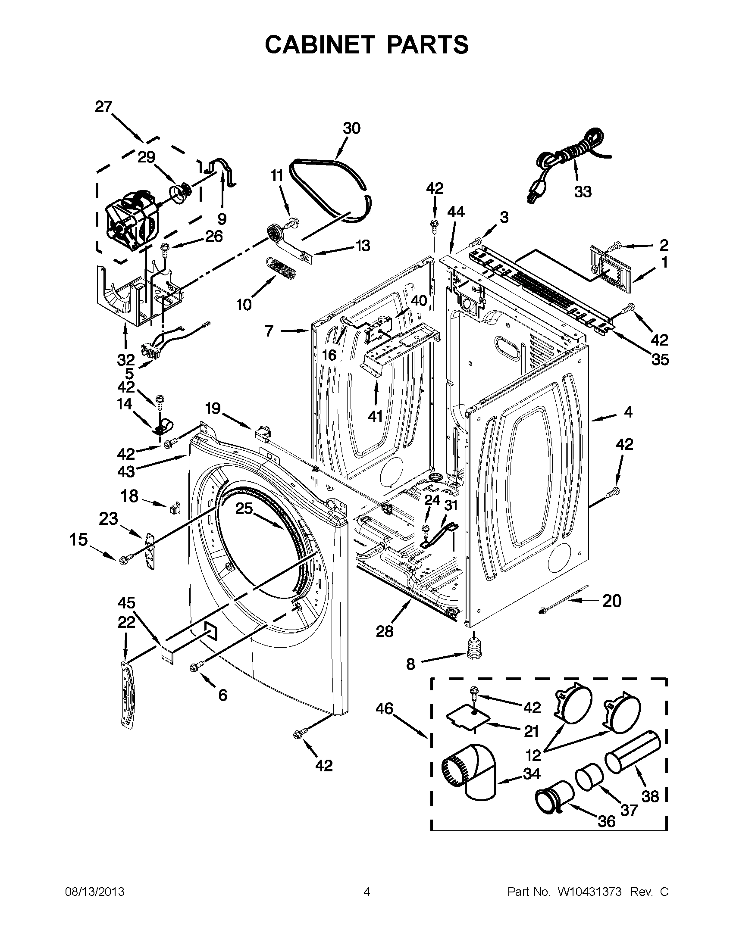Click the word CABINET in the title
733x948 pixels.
[320, 44]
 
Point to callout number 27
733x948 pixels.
[103, 107]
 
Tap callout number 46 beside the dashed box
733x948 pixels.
[384, 709]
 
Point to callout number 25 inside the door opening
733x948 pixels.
[244, 508]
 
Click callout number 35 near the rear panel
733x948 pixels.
[660, 359]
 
